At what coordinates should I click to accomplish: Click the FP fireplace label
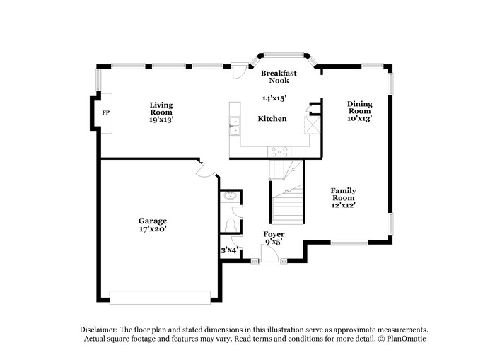tap(105, 113)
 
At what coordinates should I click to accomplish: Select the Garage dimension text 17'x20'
tap(153, 229)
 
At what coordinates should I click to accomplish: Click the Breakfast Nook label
tap(279, 76)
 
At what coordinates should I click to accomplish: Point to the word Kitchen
tap(272, 118)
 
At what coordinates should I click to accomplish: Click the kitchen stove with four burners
tap(279, 151)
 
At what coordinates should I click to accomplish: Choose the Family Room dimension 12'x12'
tap(344, 205)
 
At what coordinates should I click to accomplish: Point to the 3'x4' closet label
tap(228, 249)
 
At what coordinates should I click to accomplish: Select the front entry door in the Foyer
tap(269, 262)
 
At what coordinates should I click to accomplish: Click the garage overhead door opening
tap(160, 297)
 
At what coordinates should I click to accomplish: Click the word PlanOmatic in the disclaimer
tap(406, 339)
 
